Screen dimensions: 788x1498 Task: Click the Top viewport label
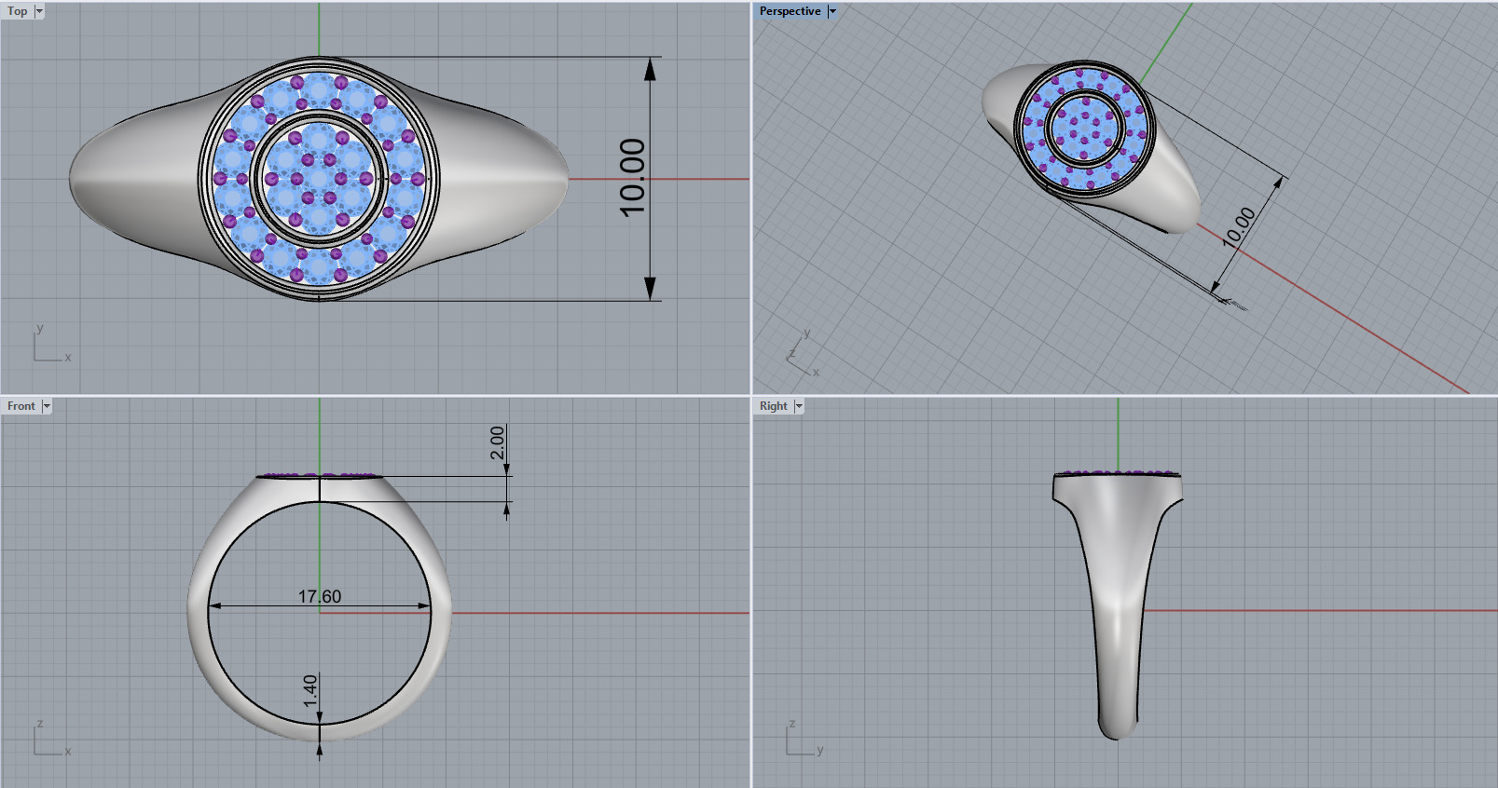click(18, 11)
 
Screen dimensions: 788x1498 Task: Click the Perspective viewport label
click(790, 11)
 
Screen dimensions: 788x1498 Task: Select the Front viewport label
click(21, 406)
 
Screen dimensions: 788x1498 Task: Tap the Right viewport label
click(773, 406)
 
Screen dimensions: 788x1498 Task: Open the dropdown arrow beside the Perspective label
click(832, 11)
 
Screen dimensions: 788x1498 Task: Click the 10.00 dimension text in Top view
click(633, 177)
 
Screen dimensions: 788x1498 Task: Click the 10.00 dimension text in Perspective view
click(1239, 226)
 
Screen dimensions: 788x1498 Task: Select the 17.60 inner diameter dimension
click(320, 596)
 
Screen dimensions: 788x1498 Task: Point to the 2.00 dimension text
click(498, 442)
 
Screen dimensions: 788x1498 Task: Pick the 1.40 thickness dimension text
click(310, 690)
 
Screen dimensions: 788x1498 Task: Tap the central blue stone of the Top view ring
click(319, 179)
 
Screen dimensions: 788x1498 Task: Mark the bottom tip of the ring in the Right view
click(1117, 737)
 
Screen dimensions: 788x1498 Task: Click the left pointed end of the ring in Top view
click(72, 177)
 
